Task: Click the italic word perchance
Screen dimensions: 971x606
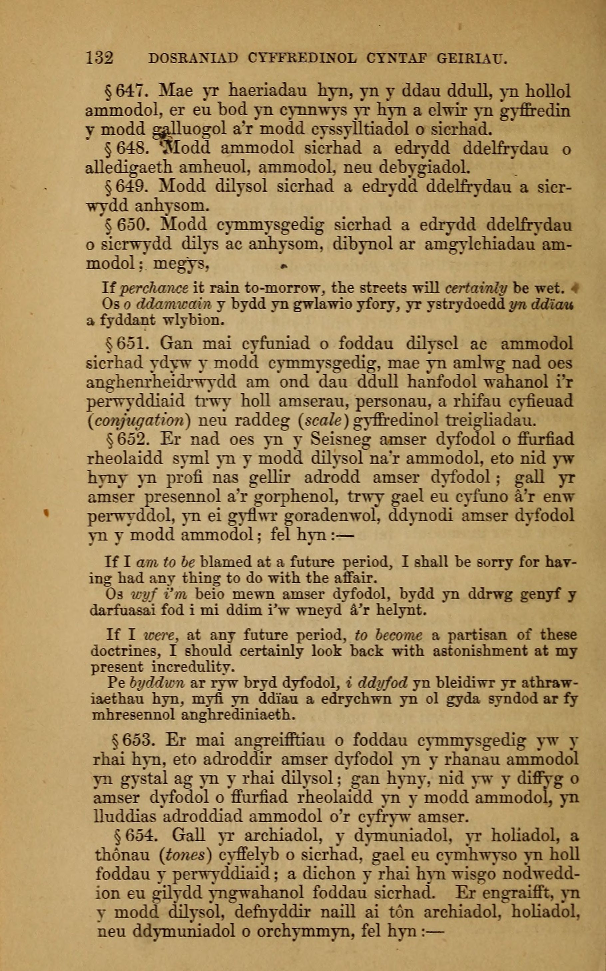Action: coord(154,288)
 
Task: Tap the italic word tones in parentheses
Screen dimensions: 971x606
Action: coord(185,855)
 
